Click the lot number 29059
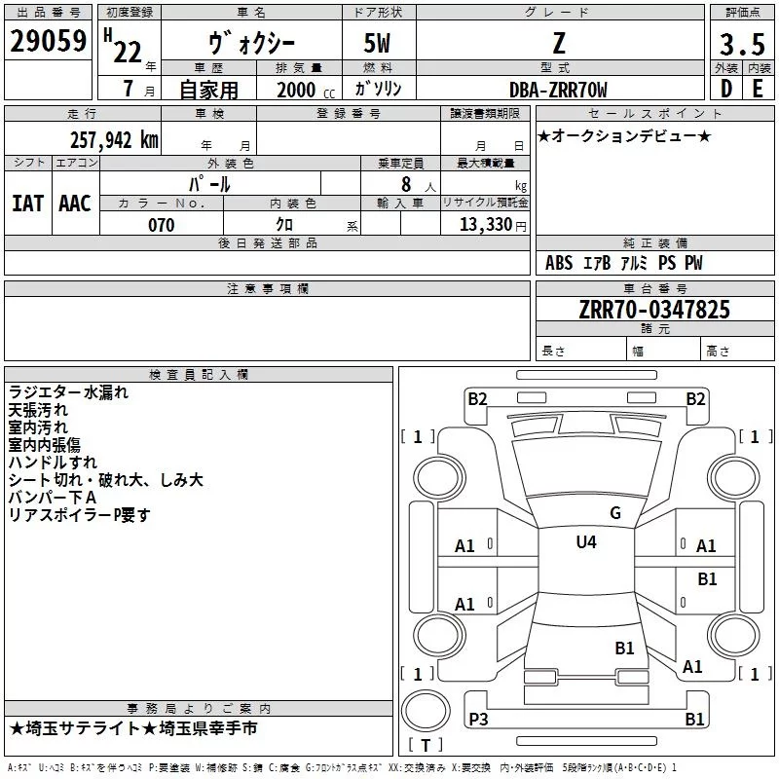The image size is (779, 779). point(48,41)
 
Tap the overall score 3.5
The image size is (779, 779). point(742,44)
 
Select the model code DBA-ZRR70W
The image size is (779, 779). point(558,90)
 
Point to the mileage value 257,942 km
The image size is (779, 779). point(114,140)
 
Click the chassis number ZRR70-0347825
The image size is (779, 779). point(654,310)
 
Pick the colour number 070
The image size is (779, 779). point(162,225)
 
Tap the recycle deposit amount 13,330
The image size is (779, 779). point(486,224)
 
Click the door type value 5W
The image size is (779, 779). point(377,43)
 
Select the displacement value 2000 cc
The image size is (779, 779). point(306,90)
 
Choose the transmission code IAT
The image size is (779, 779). point(28,204)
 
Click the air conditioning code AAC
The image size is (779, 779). point(75,204)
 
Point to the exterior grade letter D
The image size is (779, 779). point(726,89)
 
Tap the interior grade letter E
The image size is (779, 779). point(758,89)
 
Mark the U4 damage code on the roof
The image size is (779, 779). point(586,541)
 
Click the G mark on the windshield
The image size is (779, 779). point(615,513)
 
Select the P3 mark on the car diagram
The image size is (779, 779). point(478,719)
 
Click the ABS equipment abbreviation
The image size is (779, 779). point(559,262)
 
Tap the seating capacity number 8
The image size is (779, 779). point(406,184)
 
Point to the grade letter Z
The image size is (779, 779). point(559,43)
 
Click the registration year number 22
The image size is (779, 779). point(128,52)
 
